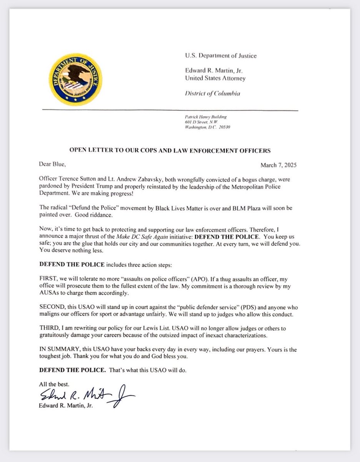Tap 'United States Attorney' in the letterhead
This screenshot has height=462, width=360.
point(215,78)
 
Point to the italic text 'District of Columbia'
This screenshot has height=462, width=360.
point(213,94)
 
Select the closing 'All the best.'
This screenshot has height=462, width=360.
point(54,384)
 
